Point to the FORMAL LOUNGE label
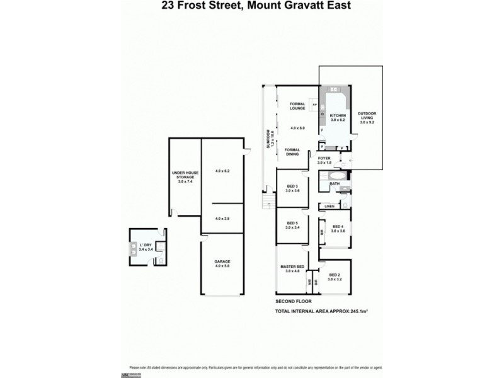(x=297, y=106)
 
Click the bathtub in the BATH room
(x=323, y=185)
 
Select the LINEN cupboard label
(x=329, y=206)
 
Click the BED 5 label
(x=292, y=223)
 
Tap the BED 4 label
(x=338, y=227)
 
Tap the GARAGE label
(x=222, y=261)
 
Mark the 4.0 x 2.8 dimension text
(x=222, y=219)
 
